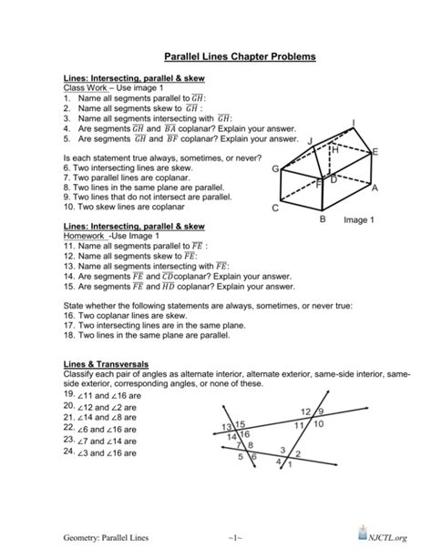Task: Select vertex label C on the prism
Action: [x=275, y=208]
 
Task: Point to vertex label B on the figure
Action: [x=322, y=219]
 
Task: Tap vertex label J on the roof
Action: [x=310, y=140]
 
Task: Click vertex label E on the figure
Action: [x=375, y=155]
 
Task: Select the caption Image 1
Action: [x=360, y=220]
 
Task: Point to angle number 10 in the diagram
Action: [x=317, y=424]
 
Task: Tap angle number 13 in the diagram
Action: [x=226, y=427]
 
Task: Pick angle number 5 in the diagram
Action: [x=241, y=458]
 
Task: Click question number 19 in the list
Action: [x=69, y=394]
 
